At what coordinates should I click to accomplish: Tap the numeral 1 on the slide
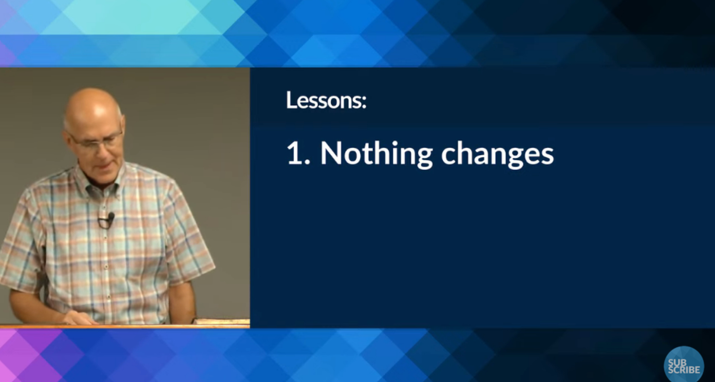(x=294, y=153)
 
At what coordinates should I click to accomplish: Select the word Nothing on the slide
(x=376, y=154)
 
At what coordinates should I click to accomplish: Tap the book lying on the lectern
(x=222, y=321)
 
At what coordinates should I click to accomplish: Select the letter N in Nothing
(x=330, y=153)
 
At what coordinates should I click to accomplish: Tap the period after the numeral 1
(x=307, y=162)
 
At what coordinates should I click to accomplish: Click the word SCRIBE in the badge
(x=684, y=370)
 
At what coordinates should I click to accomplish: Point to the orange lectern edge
(x=125, y=326)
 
